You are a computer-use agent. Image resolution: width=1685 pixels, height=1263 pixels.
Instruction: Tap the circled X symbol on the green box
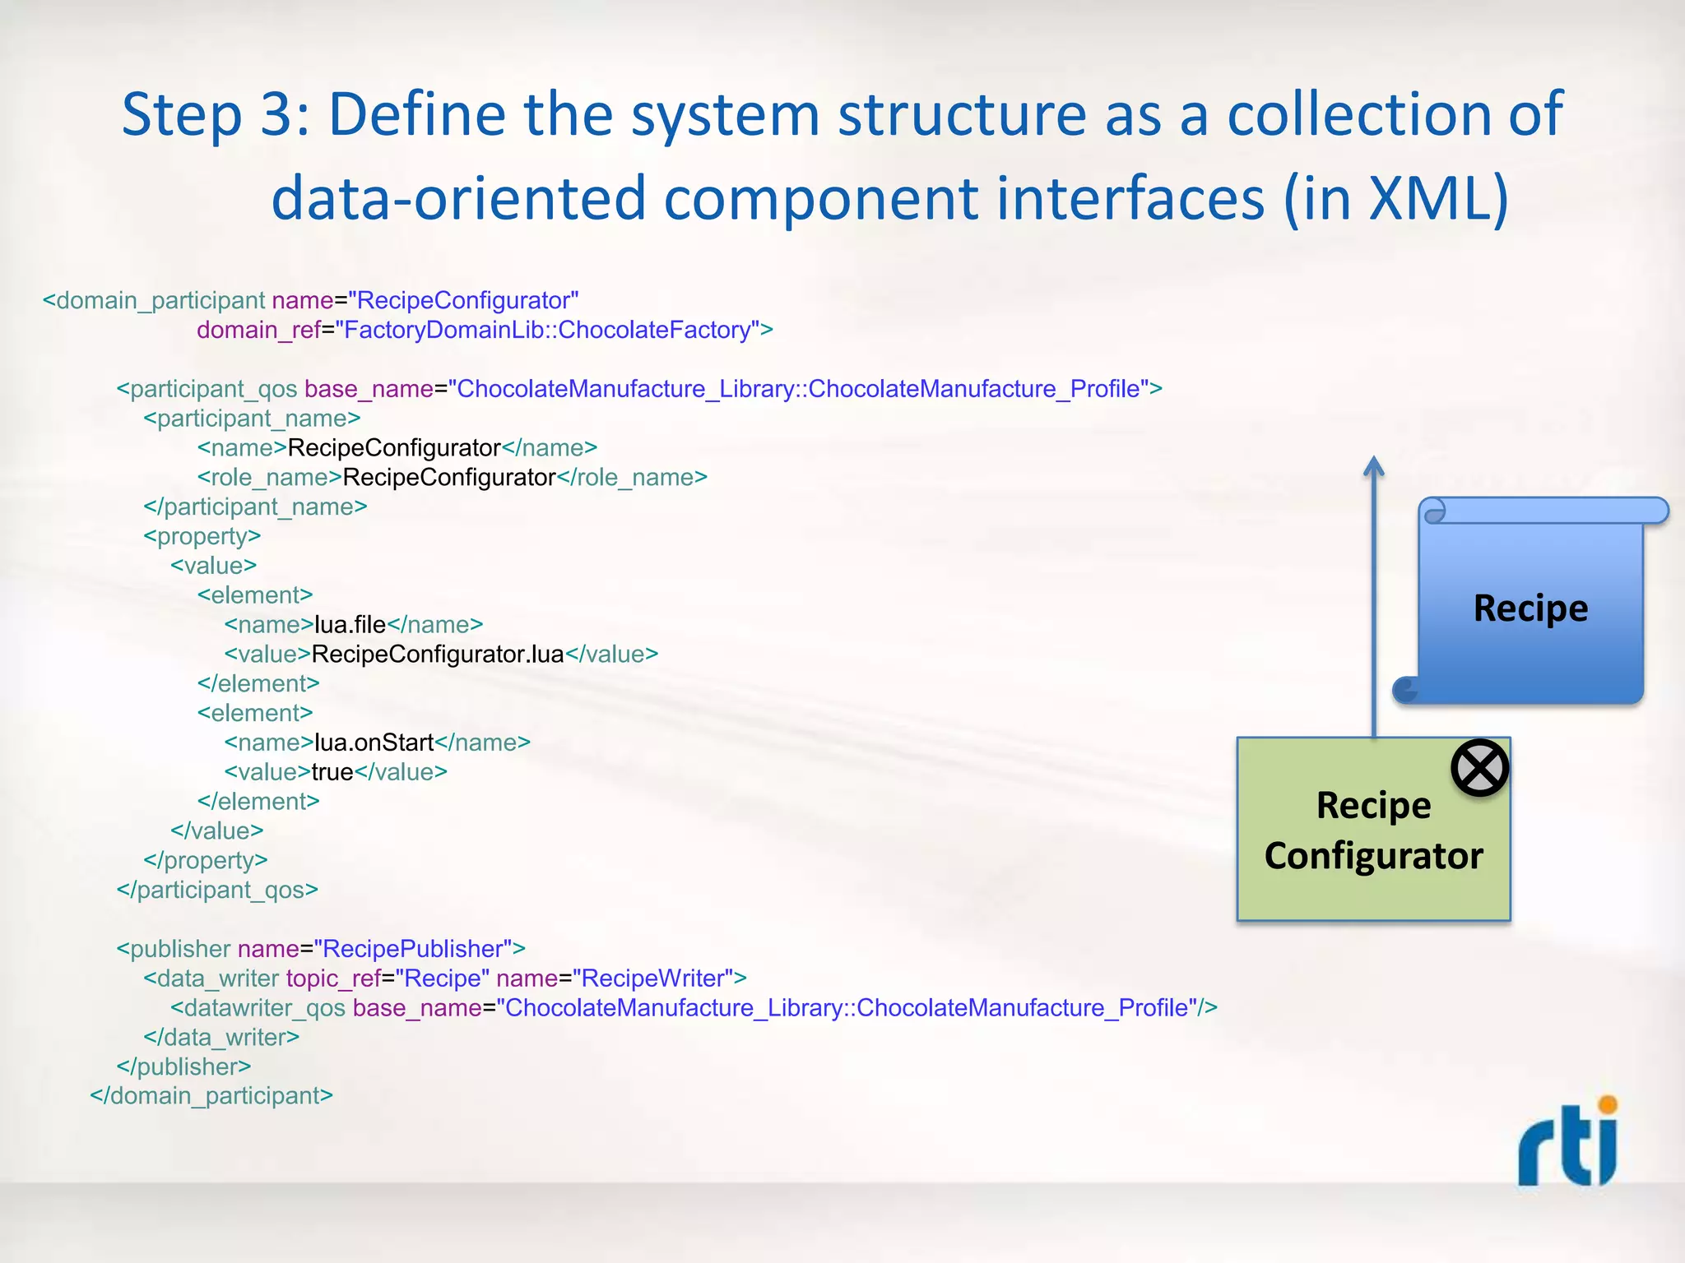1479,768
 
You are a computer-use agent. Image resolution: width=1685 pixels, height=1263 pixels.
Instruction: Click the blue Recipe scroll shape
1530,609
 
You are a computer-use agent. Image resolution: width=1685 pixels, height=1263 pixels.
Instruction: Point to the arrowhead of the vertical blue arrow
1373,466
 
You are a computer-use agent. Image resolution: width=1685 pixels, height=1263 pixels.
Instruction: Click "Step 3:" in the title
216,114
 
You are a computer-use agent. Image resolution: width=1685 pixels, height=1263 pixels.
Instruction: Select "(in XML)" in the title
1396,198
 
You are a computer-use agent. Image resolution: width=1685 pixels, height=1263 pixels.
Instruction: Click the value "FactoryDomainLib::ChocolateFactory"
547,330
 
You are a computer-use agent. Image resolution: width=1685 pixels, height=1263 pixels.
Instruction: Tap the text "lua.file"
350,625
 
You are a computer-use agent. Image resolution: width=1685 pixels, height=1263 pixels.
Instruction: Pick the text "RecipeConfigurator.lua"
438,655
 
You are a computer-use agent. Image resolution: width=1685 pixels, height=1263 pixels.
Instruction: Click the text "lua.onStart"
374,743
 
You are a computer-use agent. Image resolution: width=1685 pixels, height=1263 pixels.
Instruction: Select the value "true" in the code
332,772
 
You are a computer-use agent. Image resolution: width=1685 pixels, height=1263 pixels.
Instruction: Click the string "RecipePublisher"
413,949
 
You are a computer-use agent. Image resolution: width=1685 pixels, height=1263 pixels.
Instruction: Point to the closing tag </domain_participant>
211,1096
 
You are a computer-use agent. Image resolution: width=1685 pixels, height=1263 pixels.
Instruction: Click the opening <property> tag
202,536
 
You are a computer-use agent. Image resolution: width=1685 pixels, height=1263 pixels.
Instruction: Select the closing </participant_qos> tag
217,890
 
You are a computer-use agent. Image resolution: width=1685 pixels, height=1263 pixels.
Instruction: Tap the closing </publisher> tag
183,1066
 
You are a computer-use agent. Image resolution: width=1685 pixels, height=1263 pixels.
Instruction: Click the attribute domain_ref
258,330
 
